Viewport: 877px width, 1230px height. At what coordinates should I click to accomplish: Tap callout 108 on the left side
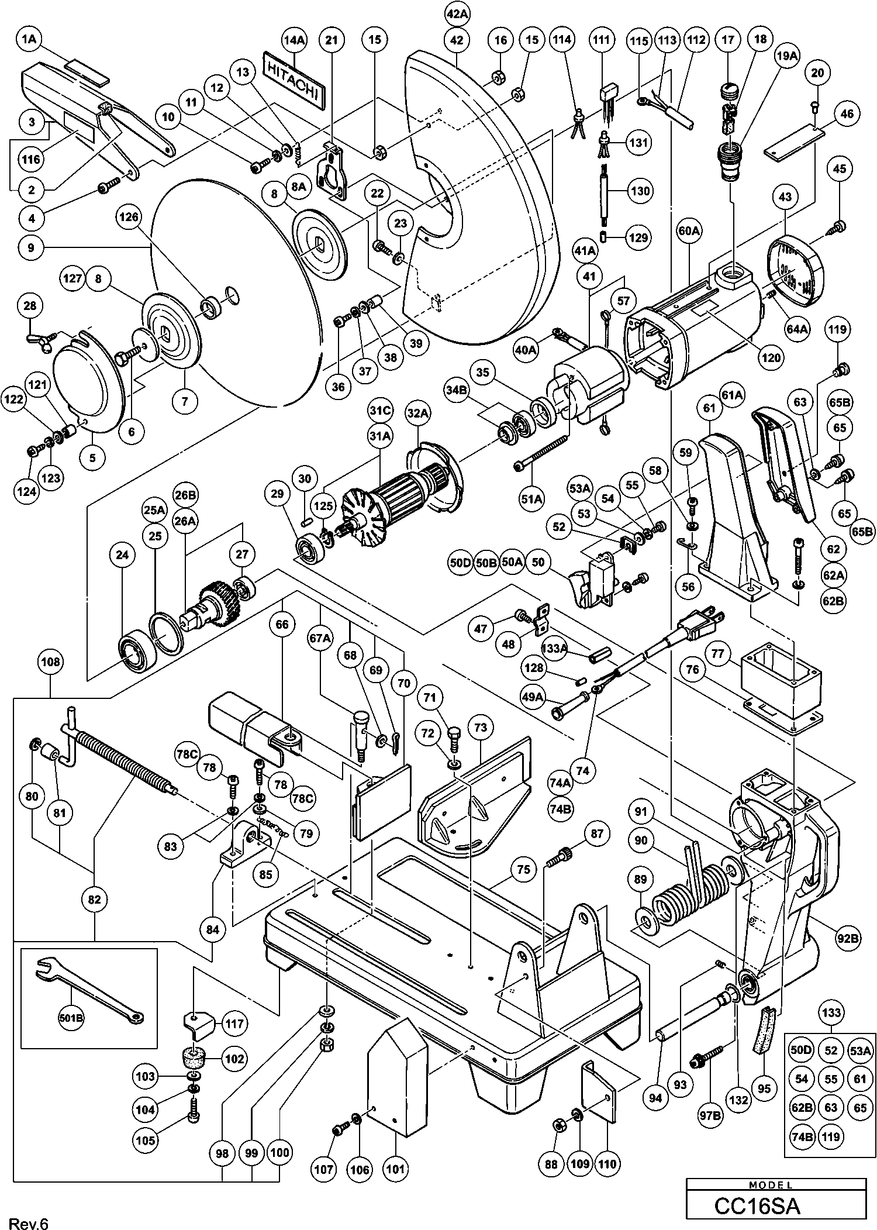50,662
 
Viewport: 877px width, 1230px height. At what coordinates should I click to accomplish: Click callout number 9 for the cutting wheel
30,248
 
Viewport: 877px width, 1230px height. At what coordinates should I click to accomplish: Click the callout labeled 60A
689,232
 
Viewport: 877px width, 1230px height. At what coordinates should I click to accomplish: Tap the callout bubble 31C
379,411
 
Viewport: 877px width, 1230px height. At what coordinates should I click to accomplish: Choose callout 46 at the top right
847,115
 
